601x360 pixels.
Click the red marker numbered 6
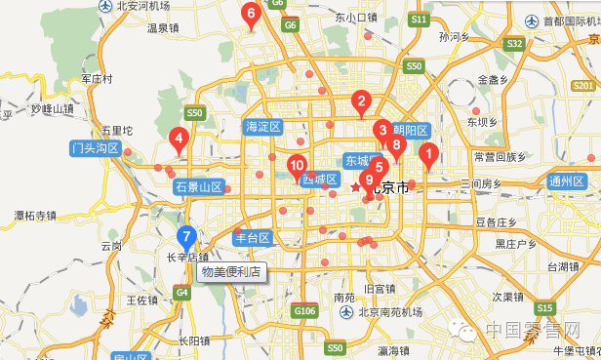pos(251,15)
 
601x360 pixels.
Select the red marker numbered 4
pos(179,140)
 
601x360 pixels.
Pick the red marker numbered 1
pos(426,153)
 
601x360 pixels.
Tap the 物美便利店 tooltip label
pos(230,272)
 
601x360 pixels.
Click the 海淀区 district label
pos(262,127)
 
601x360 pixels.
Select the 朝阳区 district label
pos(411,130)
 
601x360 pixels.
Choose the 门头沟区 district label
pos(95,149)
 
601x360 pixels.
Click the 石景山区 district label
pos(199,186)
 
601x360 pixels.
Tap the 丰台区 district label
pos(250,237)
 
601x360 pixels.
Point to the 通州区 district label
pos(567,180)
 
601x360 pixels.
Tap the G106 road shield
pos(305,311)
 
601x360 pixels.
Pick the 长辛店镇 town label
pos(187,258)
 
